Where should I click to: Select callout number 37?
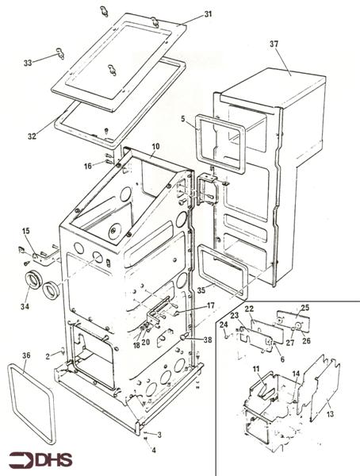pyautogui.click(x=274, y=44)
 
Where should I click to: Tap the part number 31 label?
pyautogui.click(x=208, y=14)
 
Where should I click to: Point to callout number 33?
pyautogui.click(x=28, y=63)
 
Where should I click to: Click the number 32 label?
pyautogui.click(x=32, y=136)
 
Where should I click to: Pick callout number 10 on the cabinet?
pyautogui.click(x=155, y=146)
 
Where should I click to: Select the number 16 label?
pyautogui.click(x=88, y=166)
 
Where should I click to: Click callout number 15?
pyautogui.click(x=26, y=231)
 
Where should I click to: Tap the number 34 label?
pyautogui.click(x=25, y=306)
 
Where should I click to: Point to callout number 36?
pyautogui.click(x=26, y=355)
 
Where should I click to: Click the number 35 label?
pyautogui.click(x=201, y=290)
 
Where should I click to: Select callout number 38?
pyautogui.click(x=208, y=340)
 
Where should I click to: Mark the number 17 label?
pyautogui.click(x=211, y=305)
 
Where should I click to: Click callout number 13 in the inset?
pyautogui.click(x=330, y=413)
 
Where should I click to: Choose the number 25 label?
pyautogui.click(x=304, y=308)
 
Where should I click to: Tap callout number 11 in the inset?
pyautogui.click(x=256, y=369)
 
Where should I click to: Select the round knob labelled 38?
pyautogui.click(x=184, y=336)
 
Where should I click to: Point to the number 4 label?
pyautogui.click(x=154, y=450)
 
